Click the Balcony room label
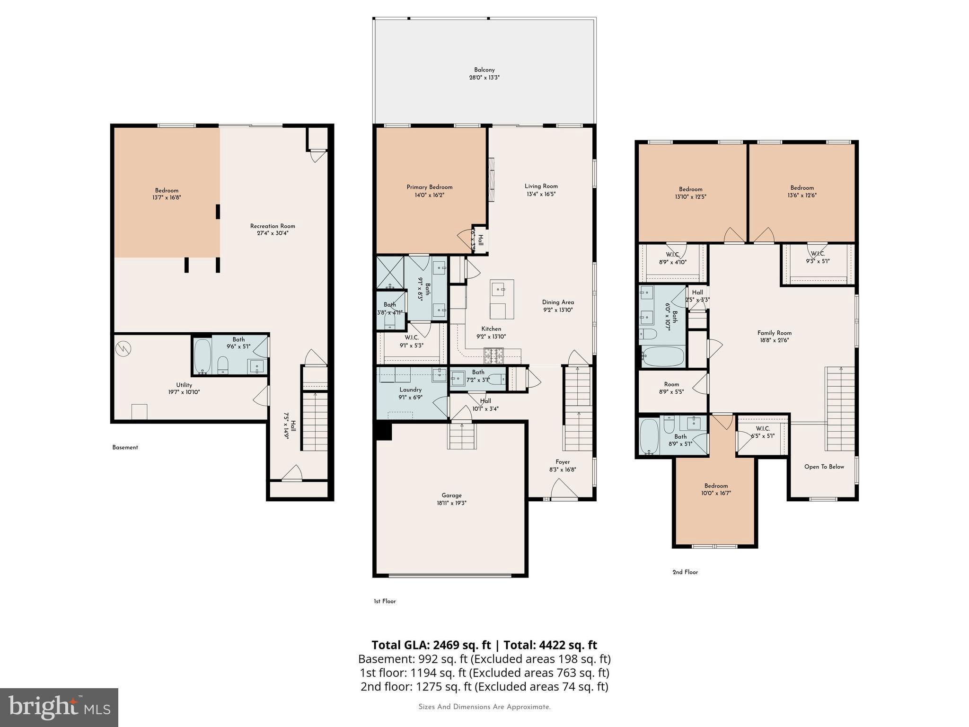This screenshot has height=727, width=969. [x=484, y=70]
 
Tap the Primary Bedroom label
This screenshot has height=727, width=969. [x=429, y=187]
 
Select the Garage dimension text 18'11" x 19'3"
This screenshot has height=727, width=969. [x=451, y=503]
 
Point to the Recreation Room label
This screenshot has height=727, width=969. [x=273, y=226]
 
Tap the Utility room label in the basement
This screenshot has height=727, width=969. [x=184, y=385]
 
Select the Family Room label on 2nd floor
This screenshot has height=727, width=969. [x=774, y=333]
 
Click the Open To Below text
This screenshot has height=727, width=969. [x=824, y=467]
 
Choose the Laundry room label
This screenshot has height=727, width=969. [x=410, y=390]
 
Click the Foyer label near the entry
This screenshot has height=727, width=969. [x=563, y=462]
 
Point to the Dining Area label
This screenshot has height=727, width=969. [x=558, y=302]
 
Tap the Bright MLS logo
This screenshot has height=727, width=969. [x=59, y=707]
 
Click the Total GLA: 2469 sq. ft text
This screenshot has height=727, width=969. [x=431, y=645]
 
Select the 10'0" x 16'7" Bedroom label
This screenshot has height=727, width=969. [x=716, y=489]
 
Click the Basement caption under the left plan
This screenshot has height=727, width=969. [x=125, y=447]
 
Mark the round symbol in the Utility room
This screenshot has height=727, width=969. [x=123, y=349]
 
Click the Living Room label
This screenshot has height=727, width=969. [x=541, y=186]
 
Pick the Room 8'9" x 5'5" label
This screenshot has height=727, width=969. [x=671, y=388]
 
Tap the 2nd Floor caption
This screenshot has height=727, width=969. [x=685, y=572]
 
